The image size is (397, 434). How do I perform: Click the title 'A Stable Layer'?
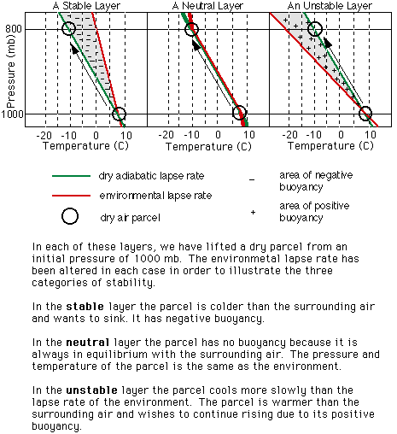pyautogui.click(x=86, y=6)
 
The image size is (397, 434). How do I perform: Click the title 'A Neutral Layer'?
pyautogui.click(x=207, y=6)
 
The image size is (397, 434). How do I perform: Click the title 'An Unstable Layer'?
pyautogui.click(x=330, y=6)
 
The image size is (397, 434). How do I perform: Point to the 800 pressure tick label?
pyautogui.click(x=14, y=29)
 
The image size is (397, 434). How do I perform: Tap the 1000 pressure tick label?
pyautogui.click(x=12, y=114)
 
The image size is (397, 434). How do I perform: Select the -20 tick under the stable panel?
pyautogui.click(x=44, y=135)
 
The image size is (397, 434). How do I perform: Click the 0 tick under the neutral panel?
pyautogui.click(x=218, y=135)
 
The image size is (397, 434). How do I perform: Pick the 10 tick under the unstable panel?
pyautogui.click(x=370, y=134)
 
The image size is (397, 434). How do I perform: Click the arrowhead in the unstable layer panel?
pyautogui.click(x=327, y=42)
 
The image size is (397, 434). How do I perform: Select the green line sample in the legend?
pyautogui.click(x=71, y=176)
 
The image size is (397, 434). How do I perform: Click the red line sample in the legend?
pyautogui.click(x=71, y=196)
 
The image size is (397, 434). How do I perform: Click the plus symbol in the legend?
pyautogui.click(x=253, y=213)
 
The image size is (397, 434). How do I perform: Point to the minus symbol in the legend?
pyautogui.click(x=252, y=180)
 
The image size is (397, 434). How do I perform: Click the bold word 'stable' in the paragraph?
pyautogui.click(x=85, y=307)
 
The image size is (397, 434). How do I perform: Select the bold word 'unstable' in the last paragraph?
pyautogui.click(x=91, y=390)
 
